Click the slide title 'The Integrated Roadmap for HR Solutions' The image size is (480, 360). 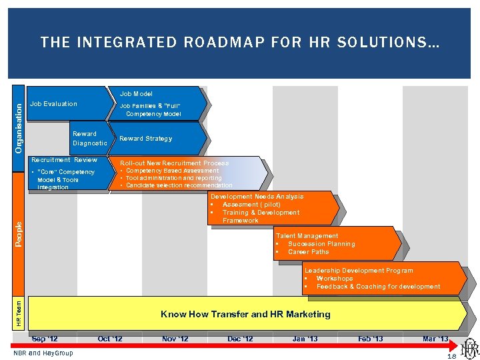239,43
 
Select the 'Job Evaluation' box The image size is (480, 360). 53,104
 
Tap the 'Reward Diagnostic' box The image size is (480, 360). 89,139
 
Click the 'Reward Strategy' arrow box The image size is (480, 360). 145,139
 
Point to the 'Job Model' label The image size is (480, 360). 136,94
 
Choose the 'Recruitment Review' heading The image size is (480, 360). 65,160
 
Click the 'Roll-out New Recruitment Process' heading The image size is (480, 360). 174,163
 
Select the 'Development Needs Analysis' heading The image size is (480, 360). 257,197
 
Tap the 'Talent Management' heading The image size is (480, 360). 307,236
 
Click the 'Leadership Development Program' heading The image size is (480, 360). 359,271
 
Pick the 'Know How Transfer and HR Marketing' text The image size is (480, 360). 245,314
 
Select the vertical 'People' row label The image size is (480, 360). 19,233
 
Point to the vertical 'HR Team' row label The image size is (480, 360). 19,313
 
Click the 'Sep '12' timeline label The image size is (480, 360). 45,339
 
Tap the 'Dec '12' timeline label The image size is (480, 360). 240,339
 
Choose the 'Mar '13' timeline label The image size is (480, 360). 435,339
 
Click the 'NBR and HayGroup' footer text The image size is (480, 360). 43,353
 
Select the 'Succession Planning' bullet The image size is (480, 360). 321,244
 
